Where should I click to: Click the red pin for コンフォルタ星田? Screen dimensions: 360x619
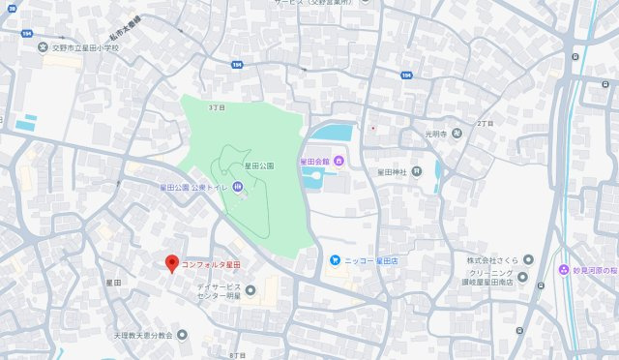click(x=172, y=262)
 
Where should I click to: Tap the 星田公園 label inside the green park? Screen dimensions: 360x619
click(x=260, y=166)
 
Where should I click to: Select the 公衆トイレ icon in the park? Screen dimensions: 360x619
click(x=237, y=187)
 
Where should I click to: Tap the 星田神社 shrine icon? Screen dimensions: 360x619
click(x=416, y=171)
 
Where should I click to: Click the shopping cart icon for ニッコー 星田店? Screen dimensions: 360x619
click(x=335, y=260)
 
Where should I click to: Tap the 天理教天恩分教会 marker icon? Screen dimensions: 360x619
click(x=182, y=335)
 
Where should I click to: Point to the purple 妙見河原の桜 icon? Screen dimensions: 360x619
click(x=564, y=269)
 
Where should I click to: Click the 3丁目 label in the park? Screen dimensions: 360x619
click(x=216, y=107)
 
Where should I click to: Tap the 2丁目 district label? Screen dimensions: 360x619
click(x=485, y=125)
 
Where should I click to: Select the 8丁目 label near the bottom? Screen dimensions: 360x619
click(x=237, y=355)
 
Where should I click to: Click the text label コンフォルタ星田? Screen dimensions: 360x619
click(x=210, y=263)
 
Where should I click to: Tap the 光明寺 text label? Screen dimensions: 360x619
click(x=438, y=134)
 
